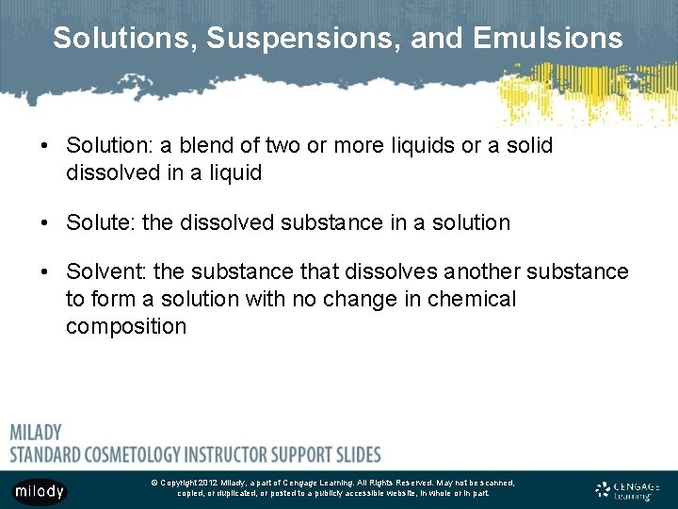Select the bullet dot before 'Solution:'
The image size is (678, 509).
pyautogui.click(x=45, y=147)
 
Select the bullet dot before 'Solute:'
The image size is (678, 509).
pyautogui.click(x=45, y=223)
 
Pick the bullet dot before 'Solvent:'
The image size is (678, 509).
pyautogui.click(x=45, y=273)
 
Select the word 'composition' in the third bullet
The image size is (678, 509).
pyautogui.click(x=126, y=327)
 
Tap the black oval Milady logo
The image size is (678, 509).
pyautogui.click(x=40, y=490)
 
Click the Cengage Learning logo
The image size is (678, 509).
pyautogui.click(x=628, y=490)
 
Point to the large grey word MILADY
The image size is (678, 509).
pyautogui.click(x=36, y=433)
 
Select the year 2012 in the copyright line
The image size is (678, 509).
pyautogui.click(x=209, y=483)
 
